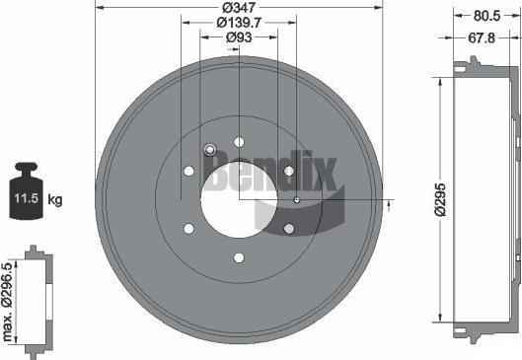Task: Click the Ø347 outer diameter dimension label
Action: [239, 7]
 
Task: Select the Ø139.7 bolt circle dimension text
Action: [239, 23]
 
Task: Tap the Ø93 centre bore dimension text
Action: [239, 37]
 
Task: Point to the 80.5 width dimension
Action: [486, 16]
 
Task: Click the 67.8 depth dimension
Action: [482, 37]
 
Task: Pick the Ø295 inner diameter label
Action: [440, 199]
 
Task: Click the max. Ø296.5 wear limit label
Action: [7, 302]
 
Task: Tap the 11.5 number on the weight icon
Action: [27, 198]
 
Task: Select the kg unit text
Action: [55, 200]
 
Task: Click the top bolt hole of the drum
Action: [239, 142]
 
